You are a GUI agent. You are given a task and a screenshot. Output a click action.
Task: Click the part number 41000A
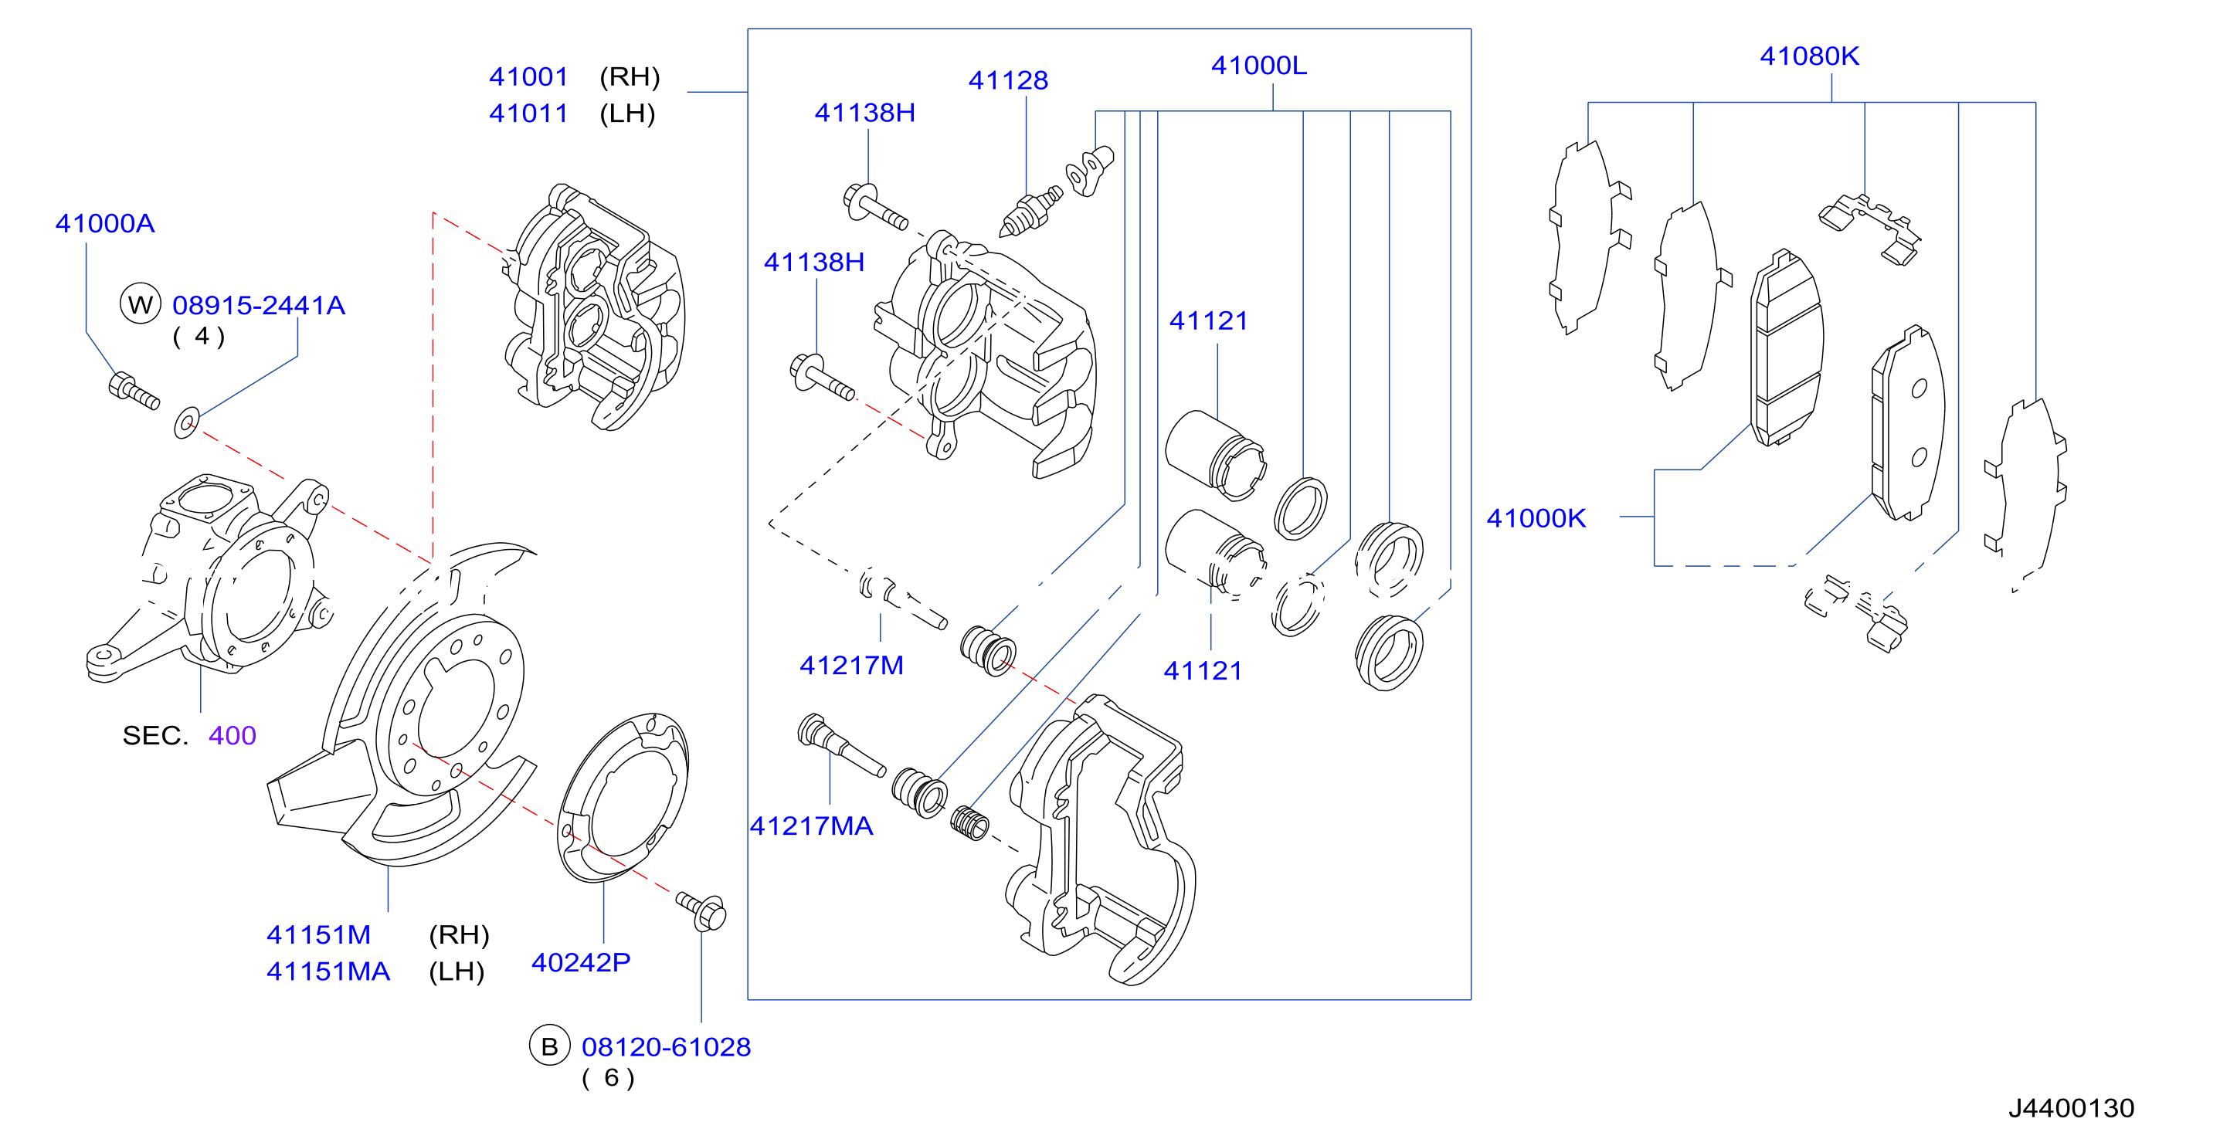105,224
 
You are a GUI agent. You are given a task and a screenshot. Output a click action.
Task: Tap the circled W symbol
140,304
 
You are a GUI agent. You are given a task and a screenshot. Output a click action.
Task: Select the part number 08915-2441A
259,305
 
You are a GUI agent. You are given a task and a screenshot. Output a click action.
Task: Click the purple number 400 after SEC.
233,736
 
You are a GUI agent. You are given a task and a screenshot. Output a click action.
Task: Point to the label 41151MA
328,972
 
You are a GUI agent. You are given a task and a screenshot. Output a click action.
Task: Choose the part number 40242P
581,962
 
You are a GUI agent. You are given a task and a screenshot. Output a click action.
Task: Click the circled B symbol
550,1046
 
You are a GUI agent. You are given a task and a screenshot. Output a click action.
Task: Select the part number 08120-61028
666,1047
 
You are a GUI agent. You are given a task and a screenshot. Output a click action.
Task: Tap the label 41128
1008,81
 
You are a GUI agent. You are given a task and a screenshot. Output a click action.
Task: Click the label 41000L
1259,66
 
